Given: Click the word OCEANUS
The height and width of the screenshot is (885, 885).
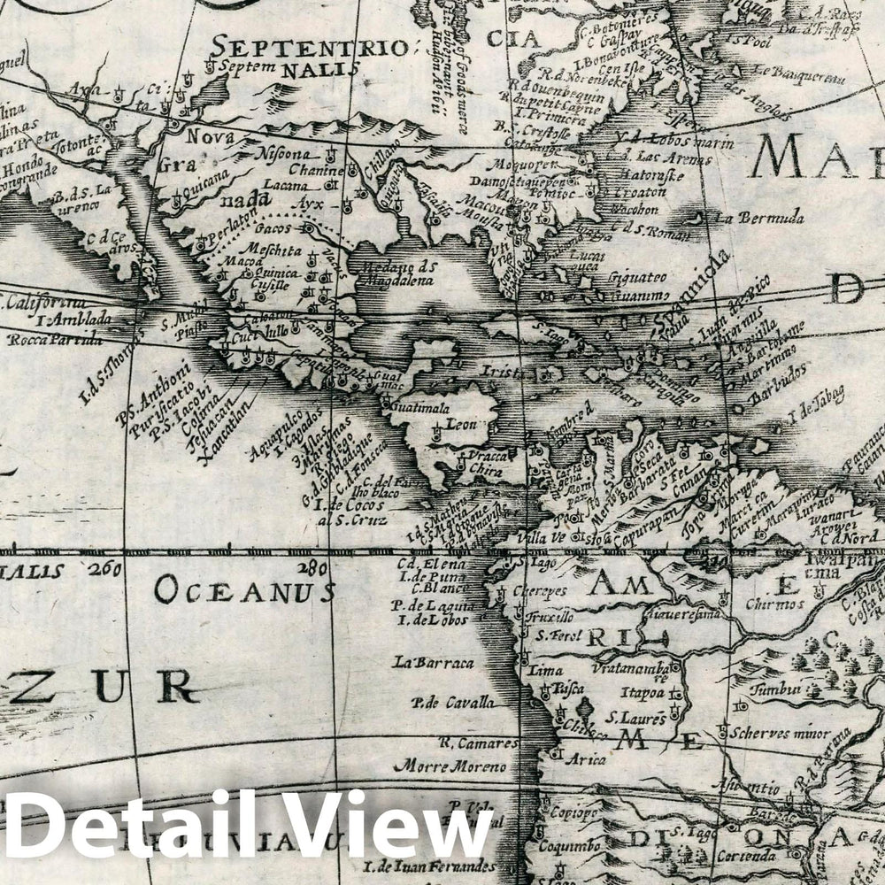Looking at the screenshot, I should coord(244,590).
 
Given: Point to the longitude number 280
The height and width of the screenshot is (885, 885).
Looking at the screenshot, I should coord(312,568).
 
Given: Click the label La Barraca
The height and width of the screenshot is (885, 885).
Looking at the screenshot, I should coord(435,662).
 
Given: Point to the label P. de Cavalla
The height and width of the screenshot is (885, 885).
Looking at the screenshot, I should coord(451,704).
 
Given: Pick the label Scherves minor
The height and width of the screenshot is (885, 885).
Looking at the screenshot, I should coord(780,734).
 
